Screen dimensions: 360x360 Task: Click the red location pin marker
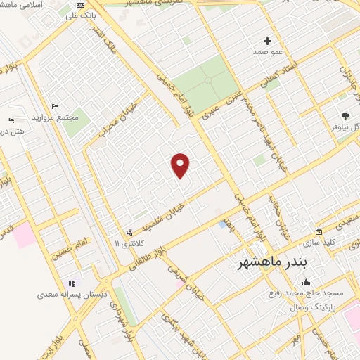(x=181, y=165)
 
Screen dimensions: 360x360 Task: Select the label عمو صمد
(x=267, y=52)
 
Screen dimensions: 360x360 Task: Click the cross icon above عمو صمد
(x=267, y=41)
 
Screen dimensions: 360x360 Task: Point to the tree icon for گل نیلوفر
(x=345, y=116)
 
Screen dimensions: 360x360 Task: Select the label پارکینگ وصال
(x=319, y=308)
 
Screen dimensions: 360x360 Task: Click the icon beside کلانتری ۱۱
(x=129, y=232)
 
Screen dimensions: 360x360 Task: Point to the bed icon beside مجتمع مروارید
(x=56, y=106)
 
